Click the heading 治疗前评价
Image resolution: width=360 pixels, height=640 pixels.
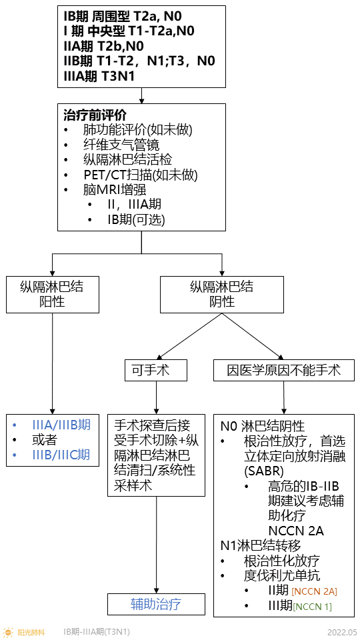point(94,114)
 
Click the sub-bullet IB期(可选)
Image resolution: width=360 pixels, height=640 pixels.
point(135,219)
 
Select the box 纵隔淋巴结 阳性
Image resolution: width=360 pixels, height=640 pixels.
point(53,294)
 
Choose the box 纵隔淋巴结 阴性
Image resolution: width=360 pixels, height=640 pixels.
point(221,294)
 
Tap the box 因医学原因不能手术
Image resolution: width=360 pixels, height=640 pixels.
point(283,370)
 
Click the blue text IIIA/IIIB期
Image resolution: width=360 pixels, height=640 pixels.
point(61,425)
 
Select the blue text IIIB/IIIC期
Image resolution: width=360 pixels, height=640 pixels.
point(61,455)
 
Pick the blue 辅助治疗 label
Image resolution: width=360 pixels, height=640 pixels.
point(156,604)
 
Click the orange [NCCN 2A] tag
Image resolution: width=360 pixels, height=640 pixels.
point(314,591)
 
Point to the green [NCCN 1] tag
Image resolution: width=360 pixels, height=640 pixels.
point(312,607)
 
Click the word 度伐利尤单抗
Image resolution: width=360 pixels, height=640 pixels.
point(282,575)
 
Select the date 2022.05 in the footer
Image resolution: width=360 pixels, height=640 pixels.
point(342,631)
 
